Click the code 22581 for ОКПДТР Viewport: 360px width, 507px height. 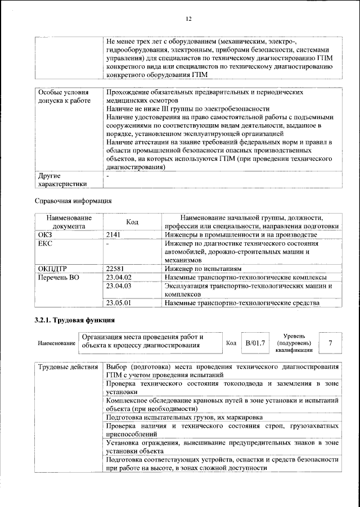(x=116, y=269)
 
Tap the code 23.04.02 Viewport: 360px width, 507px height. (x=118, y=277)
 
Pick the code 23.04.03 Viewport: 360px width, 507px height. (x=118, y=286)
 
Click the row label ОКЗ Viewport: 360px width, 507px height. (x=44, y=234)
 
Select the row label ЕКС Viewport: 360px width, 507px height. (x=44, y=243)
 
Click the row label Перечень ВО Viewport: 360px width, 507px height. (x=58, y=277)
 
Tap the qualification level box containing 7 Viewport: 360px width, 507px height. (x=330, y=342)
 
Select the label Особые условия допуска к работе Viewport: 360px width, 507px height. (x=62, y=96)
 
